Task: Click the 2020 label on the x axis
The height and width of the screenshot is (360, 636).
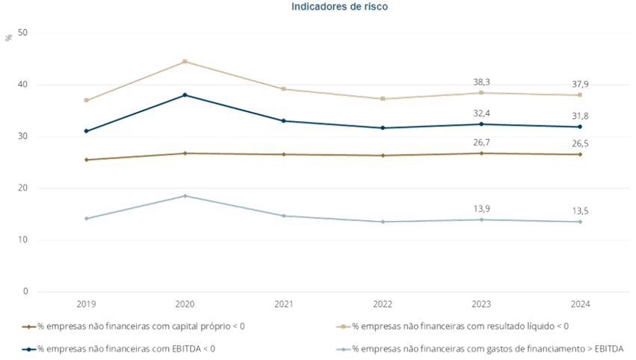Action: (x=185, y=305)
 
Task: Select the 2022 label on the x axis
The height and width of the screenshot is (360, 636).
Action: (x=383, y=305)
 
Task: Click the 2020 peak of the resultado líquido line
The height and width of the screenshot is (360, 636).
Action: (x=185, y=62)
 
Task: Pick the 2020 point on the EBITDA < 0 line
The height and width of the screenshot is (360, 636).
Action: (x=185, y=95)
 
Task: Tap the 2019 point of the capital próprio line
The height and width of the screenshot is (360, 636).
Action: (x=87, y=160)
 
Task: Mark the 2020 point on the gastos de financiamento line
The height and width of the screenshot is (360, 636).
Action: (x=185, y=196)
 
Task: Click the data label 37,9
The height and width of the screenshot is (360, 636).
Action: (x=580, y=84)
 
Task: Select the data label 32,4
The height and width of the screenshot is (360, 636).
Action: (x=481, y=113)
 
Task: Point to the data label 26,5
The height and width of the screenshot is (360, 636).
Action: (x=580, y=143)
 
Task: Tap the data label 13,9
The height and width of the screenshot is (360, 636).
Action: (x=481, y=208)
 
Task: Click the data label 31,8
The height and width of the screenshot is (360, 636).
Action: (x=580, y=115)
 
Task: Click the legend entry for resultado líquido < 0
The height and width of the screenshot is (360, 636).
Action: (x=456, y=326)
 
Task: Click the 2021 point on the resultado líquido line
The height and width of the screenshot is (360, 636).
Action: (x=284, y=89)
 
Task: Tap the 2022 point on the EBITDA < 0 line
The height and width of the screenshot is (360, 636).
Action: (x=383, y=128)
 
